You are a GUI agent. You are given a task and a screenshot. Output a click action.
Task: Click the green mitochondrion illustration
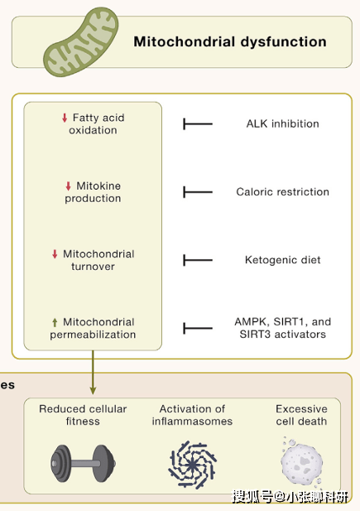pos(81,42)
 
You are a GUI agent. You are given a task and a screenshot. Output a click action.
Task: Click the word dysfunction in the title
pos(283,41)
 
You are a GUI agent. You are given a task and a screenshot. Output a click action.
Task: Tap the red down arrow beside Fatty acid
pos(65,118)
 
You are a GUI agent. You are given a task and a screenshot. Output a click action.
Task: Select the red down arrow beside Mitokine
pos(68,186)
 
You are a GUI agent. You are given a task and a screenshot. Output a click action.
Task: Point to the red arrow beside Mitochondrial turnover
pos(55,254)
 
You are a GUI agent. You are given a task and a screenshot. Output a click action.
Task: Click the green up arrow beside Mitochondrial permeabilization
pos(55,322)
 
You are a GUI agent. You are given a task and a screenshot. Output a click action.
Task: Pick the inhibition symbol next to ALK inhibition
pos(198,124)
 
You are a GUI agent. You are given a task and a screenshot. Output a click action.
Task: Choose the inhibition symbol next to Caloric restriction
pos(198,192)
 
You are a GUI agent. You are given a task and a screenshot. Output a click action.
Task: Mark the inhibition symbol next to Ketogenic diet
pos(198,260)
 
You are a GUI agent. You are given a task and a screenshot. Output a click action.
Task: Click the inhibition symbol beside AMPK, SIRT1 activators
pos(198,328)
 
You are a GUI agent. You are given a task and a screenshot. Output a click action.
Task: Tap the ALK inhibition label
pos(282,124)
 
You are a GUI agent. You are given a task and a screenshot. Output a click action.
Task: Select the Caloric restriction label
pos(282,192)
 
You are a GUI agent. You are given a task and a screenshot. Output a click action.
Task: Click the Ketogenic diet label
pos(282,260)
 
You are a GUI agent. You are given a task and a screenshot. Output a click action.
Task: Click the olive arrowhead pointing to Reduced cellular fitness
pos(93,390)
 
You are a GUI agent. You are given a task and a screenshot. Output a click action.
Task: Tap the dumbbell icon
pos(83,464)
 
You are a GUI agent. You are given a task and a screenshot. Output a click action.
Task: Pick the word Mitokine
pos(98,186)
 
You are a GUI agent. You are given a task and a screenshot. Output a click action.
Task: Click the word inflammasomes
pos(192,422)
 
